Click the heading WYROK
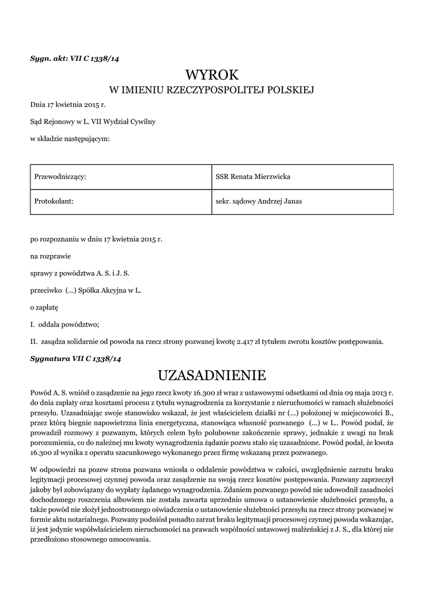pyautogui.click(x=212, y=75)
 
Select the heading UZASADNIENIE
pyautogui.click(x=212, y=374)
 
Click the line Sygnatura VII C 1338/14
pyautogui.click(x=75, y=357)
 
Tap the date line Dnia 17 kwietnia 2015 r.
pyautogui.click(x=68, y=105)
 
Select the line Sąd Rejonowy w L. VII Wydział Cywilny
pyautogui.click(x=93, y=122)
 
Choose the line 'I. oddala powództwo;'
pyautogui.click(x=65, y=323)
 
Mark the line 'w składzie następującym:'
pyautogui.click(x=69, y=139)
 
